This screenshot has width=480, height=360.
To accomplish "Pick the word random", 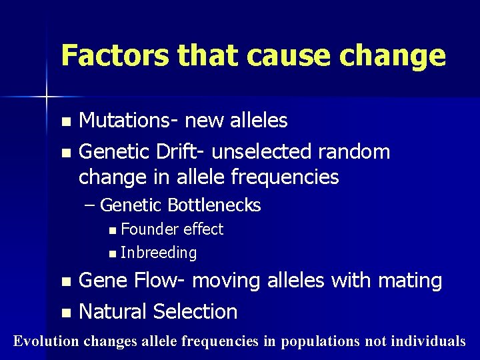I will click(x=354, y=152).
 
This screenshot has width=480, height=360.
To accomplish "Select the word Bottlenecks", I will click(x=214, y=205).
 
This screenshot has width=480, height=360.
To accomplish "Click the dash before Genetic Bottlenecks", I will click(x=91, y=205).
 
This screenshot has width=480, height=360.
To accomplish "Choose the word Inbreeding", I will click(x=159, y=253).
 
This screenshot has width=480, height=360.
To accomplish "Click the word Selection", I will click(x=195, y=311).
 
